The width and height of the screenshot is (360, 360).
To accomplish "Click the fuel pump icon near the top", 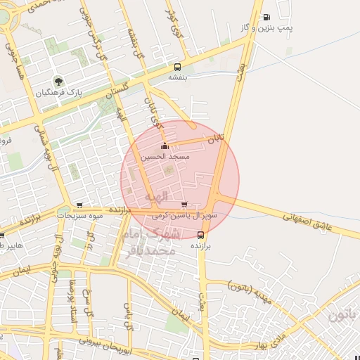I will click(266, 17).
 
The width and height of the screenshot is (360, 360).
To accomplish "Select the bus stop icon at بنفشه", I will click(176, 67).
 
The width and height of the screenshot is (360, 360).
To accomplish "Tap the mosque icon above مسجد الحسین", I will click(165, 146).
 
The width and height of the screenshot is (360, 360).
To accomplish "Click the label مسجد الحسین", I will click(165, 157).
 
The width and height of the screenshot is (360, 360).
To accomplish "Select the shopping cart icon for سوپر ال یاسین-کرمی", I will click(184, 205).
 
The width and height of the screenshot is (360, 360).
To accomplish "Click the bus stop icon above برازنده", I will click(202, 236).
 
